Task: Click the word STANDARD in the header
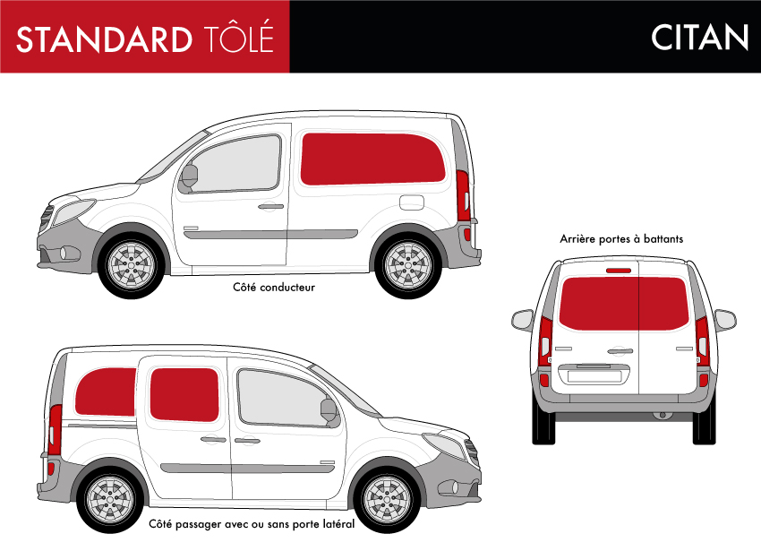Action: click(x=105, y=39)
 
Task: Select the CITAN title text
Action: click(x=699, y=38)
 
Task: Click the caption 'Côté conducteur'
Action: click(x=274, y=288)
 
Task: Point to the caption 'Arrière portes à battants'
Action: click(x=621, y=238)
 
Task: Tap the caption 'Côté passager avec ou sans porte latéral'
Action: click(x=252, y=524)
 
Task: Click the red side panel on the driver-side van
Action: click(x=372, y=159)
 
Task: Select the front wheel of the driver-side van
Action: click(x=131, y=265)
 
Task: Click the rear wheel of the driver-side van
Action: click(x=408, y=265)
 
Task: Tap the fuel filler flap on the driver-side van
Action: click(x=412, y=202)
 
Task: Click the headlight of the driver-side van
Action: click(x=73, y=211)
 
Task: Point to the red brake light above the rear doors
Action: click(x=619, y=271)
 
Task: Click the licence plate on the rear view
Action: click(x=594, y=376)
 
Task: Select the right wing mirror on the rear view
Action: click(x=725, y=320)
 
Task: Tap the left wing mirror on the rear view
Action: click(x=523, y=320)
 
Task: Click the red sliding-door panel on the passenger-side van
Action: click(x=184, y=394)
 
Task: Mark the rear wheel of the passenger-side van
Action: click(x=110, y=500)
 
